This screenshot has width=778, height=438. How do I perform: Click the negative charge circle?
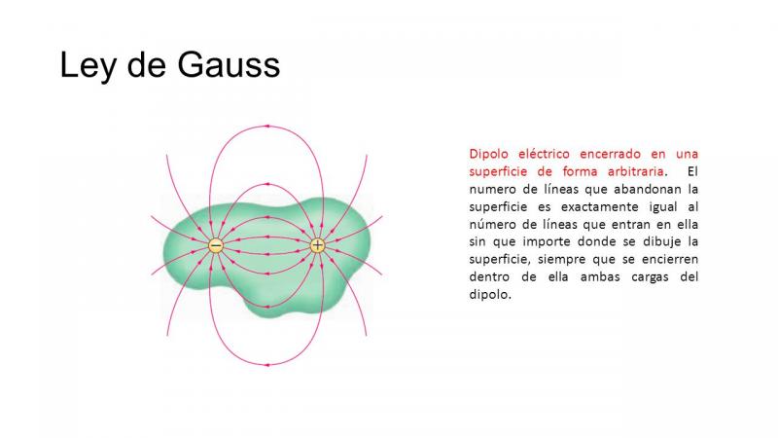click(215, 245)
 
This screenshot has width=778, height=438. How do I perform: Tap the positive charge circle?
click(318, 245)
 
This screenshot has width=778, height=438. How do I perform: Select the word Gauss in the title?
click(229, 65)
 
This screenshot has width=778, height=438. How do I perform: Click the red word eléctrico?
click(544, 154)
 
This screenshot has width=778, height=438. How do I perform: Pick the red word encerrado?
click(611, 154)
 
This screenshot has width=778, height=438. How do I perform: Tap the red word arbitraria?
click(636, 171)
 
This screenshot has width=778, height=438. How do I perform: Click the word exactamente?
click(599, 206)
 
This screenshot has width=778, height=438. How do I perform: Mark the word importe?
click(545, 242)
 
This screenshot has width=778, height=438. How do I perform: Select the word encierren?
click(670, 259)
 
